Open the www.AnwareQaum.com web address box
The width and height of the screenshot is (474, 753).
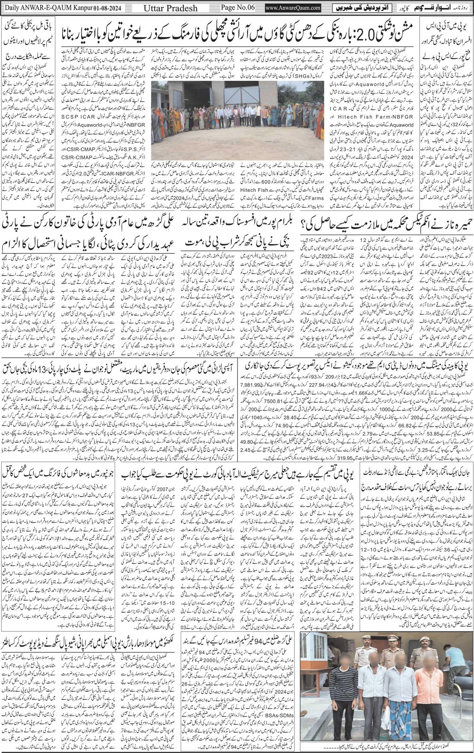[290, 7]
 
